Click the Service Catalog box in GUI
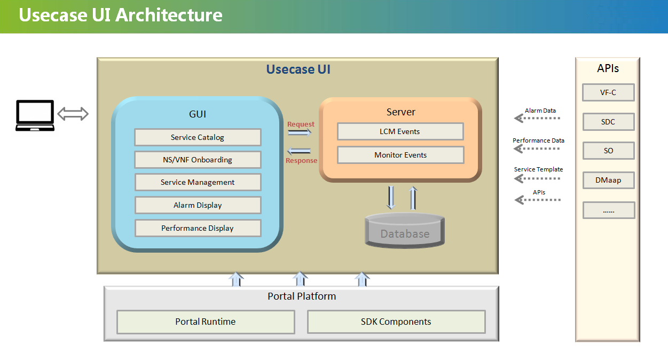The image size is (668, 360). (x=198, y=137)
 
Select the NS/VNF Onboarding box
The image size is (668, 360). (x=198, y=160)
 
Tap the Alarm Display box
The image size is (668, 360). (x=198, y=205)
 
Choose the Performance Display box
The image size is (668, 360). (x=198, y=228)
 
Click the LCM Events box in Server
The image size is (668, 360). (x=400, y=131)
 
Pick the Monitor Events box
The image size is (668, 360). (x=400, y=155)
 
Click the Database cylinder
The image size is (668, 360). (x=405, y=230)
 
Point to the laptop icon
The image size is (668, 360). (x=35, y=115)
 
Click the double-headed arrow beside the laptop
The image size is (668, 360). (x=73, y=114)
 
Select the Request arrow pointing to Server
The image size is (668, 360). (x=300, y=132)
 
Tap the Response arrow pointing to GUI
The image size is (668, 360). (x=299, y=151)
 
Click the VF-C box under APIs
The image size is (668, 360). (x=608, y=92)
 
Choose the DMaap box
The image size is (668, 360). (x=609, y=180)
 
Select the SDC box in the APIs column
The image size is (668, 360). (x=608, y=122)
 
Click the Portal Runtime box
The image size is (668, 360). (x=206, y=322)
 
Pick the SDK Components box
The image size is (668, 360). (x=396, y=322)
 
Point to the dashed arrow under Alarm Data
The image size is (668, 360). (x=537, y=118)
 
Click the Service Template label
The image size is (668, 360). (x=538, y=169)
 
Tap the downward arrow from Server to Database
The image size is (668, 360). (x=391, y=198)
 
